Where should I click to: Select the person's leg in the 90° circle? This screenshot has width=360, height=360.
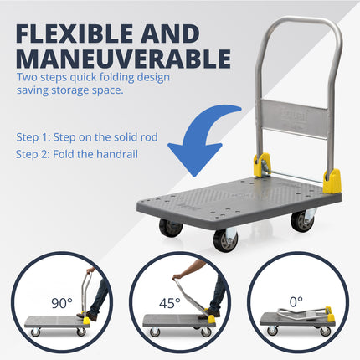(x=101, y=296)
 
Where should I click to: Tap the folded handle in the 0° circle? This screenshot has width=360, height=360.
(x=290, y=315)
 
